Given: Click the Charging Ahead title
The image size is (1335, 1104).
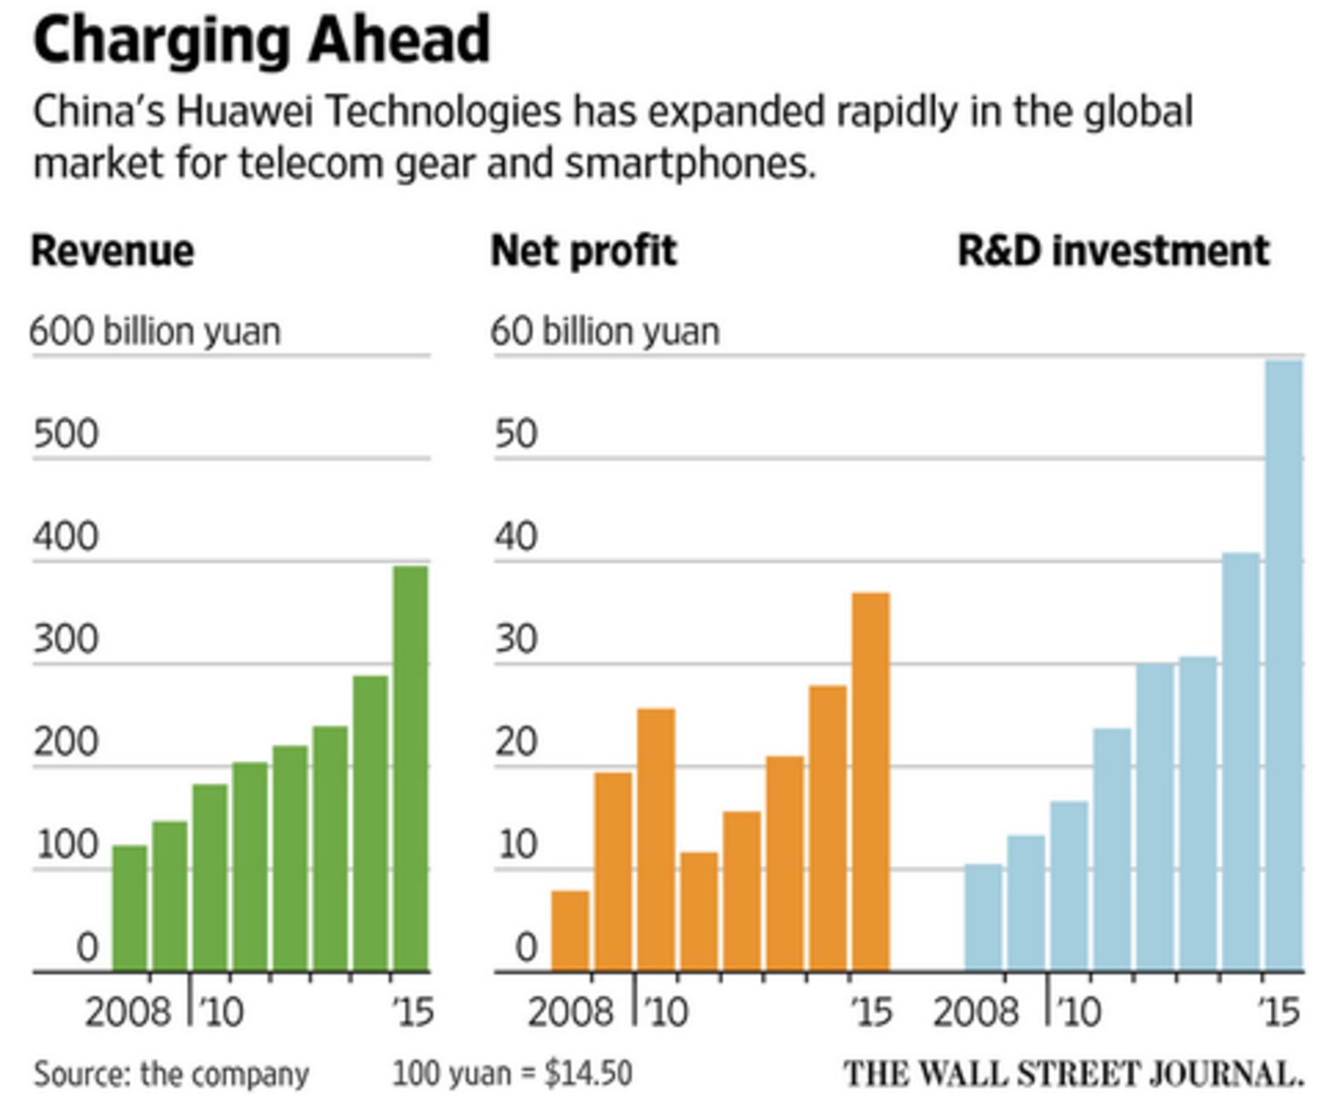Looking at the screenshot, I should coord(261,40).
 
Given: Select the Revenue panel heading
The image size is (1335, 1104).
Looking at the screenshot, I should coord(113,251).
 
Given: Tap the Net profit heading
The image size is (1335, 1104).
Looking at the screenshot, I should coord(583,251).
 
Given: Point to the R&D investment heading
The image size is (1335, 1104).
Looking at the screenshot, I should coord(1113,251).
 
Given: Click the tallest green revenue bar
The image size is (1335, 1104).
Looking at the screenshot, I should coord(410,768).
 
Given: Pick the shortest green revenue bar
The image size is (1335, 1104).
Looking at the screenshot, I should coord(130,908).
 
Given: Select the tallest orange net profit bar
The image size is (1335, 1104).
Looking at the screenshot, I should coord(871,782).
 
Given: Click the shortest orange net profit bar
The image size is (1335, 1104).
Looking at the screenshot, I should coord(570,931).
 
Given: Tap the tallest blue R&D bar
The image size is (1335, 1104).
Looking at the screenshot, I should coord(1284,665).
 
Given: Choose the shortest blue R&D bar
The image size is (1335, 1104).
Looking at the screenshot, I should coord(983,918).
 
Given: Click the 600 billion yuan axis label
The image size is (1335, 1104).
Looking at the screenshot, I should coord(155,332).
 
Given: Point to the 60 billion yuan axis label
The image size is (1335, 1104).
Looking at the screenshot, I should coord(605,332).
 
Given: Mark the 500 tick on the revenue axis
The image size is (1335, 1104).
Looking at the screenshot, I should coord(66,434).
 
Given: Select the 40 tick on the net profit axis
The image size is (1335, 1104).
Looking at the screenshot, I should coord(517,537).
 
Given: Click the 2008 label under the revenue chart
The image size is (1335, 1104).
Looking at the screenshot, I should coord(127,1012).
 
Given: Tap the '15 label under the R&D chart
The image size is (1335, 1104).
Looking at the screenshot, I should coord(1279,1012).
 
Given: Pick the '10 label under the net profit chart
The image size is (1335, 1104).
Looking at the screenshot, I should coord(665,1012).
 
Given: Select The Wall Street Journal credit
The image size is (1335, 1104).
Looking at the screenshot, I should coord(1074,1074).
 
